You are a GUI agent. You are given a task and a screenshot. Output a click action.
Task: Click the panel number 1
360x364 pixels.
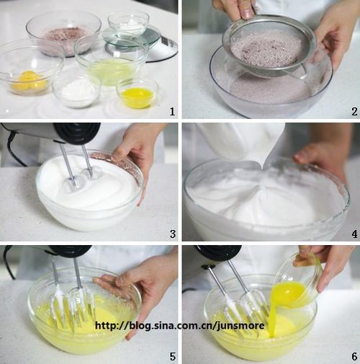coord(172,111)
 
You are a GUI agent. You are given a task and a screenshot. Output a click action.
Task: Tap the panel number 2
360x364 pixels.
coord(354,111)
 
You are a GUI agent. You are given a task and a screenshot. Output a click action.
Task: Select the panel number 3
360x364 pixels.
coord(173,234)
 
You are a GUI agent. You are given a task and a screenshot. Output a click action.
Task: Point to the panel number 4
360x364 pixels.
coord(354,234)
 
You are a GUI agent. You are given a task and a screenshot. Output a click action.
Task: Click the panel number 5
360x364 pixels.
coord(173,356)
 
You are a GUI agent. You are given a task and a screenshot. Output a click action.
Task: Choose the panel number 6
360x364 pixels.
coord(354,356)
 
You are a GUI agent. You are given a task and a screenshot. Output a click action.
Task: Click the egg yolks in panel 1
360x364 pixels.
coord(29,81)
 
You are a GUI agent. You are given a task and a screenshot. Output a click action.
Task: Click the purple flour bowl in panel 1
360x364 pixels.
coord(64,33)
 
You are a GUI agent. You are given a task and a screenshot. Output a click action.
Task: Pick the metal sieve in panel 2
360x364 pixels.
coord(269,45)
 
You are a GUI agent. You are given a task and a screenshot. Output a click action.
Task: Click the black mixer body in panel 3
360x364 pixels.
coord(77,133)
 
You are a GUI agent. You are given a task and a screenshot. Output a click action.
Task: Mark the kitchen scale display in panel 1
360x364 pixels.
coord(167,42)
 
